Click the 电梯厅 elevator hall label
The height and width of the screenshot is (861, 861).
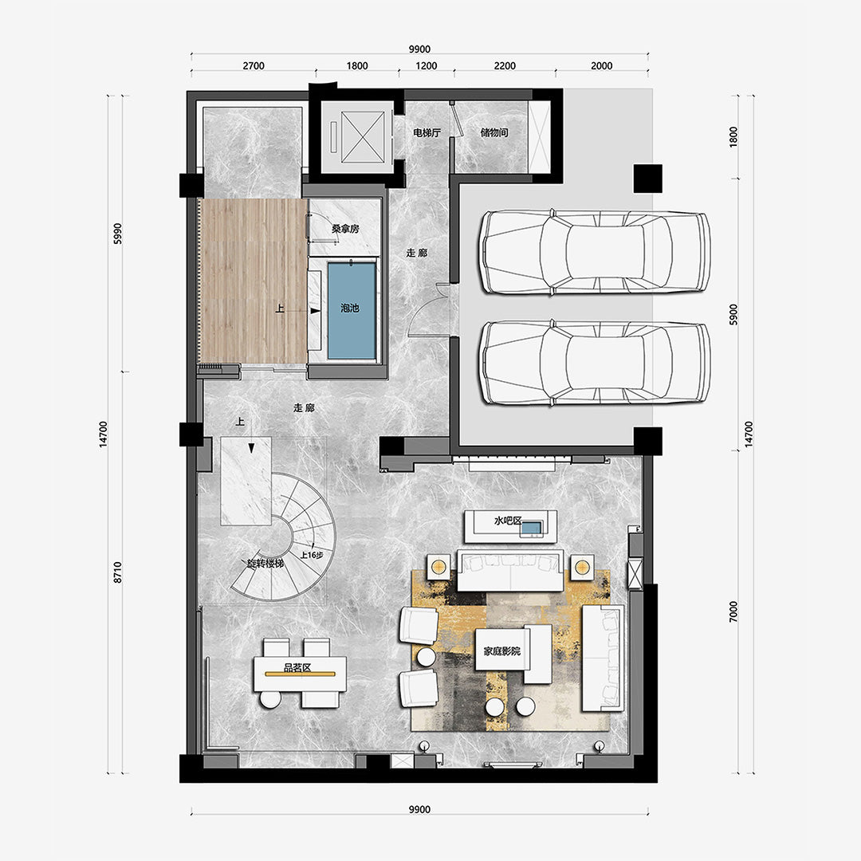427,132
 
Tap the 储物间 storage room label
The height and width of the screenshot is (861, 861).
494,132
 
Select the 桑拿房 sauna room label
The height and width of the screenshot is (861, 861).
345,229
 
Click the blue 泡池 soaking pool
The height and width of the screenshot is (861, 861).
352,311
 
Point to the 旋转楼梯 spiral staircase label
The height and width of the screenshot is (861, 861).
265,564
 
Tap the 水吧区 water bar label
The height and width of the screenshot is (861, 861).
507,520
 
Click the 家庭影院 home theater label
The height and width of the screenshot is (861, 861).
502,651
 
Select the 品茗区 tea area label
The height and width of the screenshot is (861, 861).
297,668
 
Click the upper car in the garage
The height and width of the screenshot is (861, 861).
596,252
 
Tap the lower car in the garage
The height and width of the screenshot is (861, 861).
596,363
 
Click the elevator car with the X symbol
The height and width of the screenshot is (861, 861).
363,137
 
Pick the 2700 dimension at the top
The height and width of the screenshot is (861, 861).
254,66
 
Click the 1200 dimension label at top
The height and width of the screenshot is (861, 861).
426,66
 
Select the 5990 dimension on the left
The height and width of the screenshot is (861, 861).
117,234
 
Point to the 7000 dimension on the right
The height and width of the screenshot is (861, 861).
733,611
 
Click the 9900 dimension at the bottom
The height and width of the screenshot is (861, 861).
419,809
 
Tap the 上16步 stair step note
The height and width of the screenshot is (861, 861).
312,555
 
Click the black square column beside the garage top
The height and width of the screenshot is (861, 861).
648,179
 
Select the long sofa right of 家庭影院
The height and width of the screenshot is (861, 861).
603,658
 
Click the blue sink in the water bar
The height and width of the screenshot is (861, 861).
531,529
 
